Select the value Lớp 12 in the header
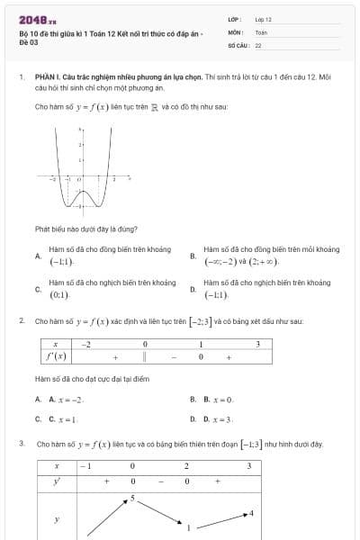(x=263, y=19)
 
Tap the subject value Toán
(x=261, y=31)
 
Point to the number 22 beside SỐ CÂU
(x=258, y=44)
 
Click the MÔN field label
(x=235, y=31)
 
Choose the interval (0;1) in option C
(x=59, y=295)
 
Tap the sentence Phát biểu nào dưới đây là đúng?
(x=86, y=229)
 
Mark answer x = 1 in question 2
(x=67, y=418)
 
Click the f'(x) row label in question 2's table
(x=56, y=357)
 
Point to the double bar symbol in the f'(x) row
(x=144, y=357)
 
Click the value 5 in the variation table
(x=132, y=497)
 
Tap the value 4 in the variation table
(x=251, y=513)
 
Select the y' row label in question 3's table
(x=56, y=481)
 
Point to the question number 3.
(x=21, y=444)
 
